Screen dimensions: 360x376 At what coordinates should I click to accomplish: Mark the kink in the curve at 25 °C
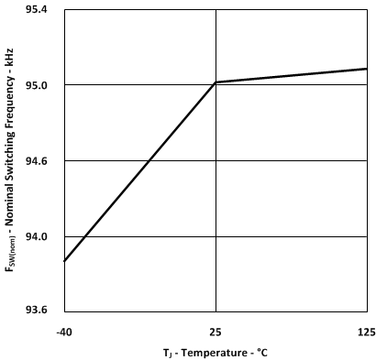(x=216, y=82)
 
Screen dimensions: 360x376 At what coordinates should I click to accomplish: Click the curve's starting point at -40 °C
(x=63, y=261)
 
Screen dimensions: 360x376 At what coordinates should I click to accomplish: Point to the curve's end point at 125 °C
(x=367, y=69)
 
